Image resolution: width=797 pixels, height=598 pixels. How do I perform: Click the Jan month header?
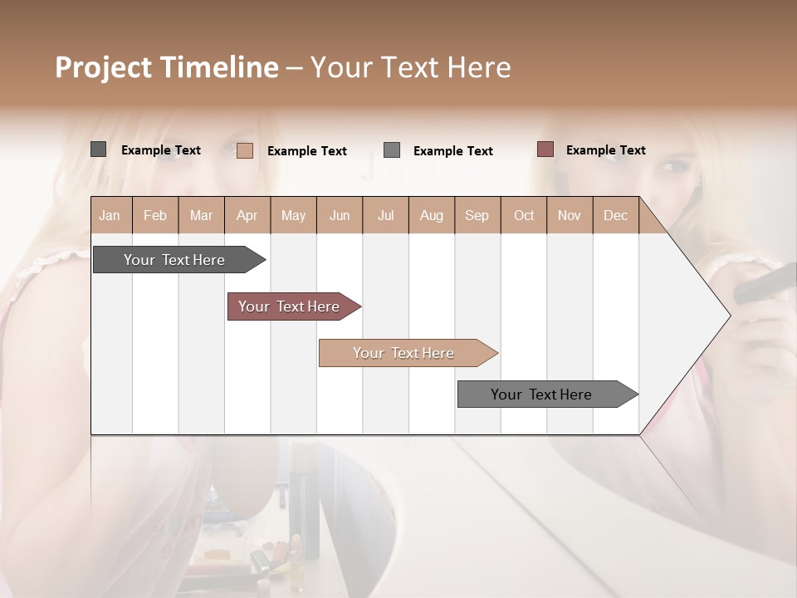point(110,215)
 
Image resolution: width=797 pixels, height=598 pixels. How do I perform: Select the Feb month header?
point(155,215)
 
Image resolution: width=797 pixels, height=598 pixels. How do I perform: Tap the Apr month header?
point(247,215)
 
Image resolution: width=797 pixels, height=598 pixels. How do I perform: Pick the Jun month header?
point(340,215)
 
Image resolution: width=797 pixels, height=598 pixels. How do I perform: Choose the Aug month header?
point(431,215)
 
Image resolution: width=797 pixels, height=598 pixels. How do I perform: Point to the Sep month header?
point(477,215)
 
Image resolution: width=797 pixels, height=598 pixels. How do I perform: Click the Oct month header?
point(524,215)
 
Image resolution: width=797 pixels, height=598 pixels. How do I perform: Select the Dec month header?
point(615,215)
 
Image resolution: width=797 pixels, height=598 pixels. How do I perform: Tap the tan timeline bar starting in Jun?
point(405,353)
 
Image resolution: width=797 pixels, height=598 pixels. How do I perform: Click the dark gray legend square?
point(99,149)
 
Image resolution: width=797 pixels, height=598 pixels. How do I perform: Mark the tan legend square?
point(245,150)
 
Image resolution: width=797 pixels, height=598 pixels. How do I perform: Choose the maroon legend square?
point(545,149)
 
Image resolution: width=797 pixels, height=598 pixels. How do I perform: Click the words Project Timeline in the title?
point(166,67)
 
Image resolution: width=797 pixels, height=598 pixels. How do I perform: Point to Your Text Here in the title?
point(411,67)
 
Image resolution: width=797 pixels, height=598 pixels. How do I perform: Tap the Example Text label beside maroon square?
point(605,150)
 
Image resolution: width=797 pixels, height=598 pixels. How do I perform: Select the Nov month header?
point(570,215)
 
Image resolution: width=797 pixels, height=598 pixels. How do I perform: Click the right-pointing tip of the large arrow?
point(727,316)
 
